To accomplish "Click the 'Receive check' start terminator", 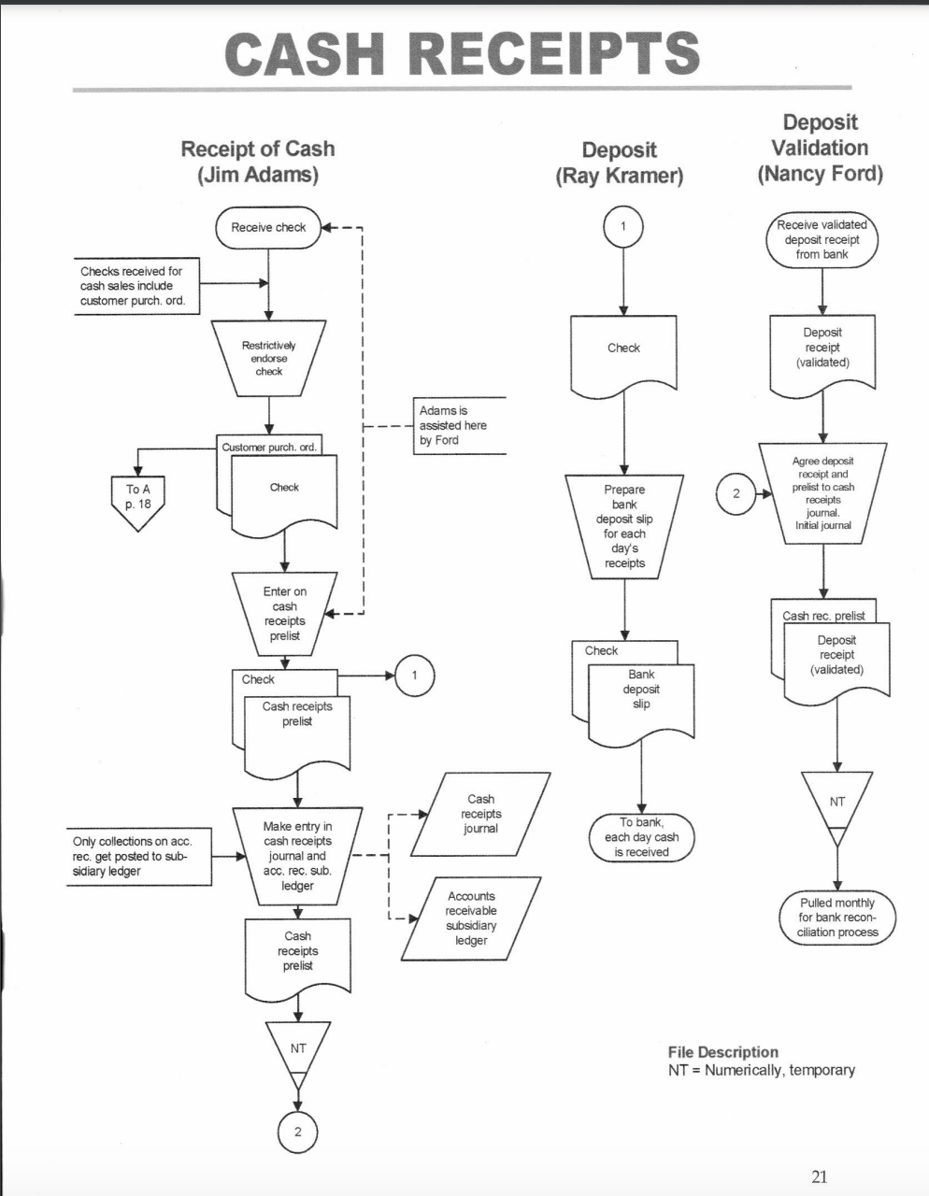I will tap(268, 227).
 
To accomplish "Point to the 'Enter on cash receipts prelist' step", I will tap(284, 613).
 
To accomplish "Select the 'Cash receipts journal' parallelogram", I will tap(480, 814).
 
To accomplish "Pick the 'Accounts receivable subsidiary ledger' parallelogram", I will tap(471, 918).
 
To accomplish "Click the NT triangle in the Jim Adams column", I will tap(298, 1054).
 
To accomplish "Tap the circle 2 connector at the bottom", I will tap(298, 1132).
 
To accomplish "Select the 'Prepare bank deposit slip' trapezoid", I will tap(624, 525).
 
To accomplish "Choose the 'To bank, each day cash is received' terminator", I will tap(641, 837).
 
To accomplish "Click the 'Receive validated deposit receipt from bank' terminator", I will tap(822, 239).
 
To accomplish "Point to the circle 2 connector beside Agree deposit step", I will tap(736, 493).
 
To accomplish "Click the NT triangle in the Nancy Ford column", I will tap(836, 804).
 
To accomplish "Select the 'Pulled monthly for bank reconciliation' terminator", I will tap(837, 918).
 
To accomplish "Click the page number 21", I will tap(819, 1176).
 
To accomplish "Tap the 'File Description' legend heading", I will tap(722, 1052).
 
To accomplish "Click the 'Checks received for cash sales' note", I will tap(136, 286).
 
